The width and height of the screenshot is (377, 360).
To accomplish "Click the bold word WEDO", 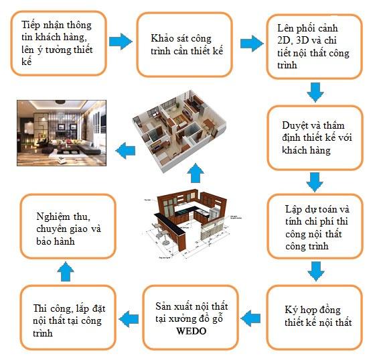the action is [192, 331].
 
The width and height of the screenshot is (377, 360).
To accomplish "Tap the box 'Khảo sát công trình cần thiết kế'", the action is [184, 45].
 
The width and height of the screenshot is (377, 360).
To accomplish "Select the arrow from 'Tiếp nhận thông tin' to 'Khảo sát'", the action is [121, 42].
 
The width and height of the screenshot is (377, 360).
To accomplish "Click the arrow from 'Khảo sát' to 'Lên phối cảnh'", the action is [252, 44].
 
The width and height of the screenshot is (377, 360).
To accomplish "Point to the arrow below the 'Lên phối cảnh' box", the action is [315, 93].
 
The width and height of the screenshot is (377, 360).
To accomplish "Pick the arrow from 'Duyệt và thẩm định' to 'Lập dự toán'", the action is [315, 182].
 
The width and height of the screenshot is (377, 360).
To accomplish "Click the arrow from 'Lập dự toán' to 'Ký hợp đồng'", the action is [315, 272].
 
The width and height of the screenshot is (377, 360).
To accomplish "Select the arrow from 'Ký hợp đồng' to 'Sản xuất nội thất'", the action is [250, 318].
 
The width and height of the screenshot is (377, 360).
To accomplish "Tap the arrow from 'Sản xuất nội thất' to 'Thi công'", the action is [129, 319].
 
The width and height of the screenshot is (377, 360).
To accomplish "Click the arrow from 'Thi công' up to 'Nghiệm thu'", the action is [66, 272].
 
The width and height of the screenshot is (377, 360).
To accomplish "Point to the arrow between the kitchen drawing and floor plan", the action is [196, 173].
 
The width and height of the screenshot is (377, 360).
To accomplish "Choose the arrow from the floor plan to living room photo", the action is [125, 151].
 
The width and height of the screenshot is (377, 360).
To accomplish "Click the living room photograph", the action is [62, 133].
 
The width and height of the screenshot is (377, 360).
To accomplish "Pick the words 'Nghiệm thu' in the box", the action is [63, 217].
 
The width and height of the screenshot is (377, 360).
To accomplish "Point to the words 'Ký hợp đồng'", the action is [313, 310].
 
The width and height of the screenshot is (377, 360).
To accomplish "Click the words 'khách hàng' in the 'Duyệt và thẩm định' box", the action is [306, 150].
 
